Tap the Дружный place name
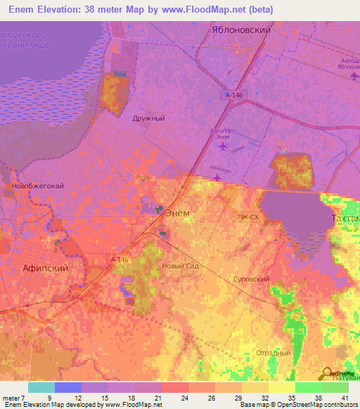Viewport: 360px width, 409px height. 148,119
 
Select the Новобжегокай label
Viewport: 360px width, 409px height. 29,186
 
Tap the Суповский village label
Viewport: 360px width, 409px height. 251,279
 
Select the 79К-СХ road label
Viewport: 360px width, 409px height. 248,218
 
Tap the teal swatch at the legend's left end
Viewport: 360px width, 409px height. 41,387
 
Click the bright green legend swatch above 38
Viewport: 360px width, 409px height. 308,387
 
